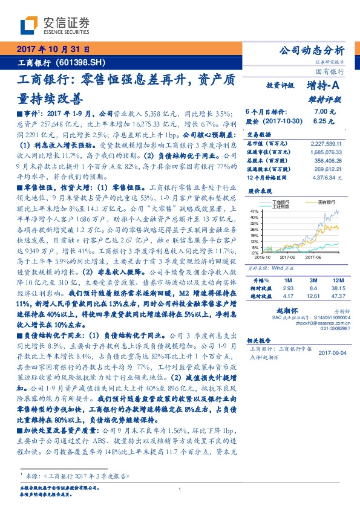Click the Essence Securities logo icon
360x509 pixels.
[30, 25]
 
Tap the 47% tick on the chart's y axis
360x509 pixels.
[255, 210]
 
